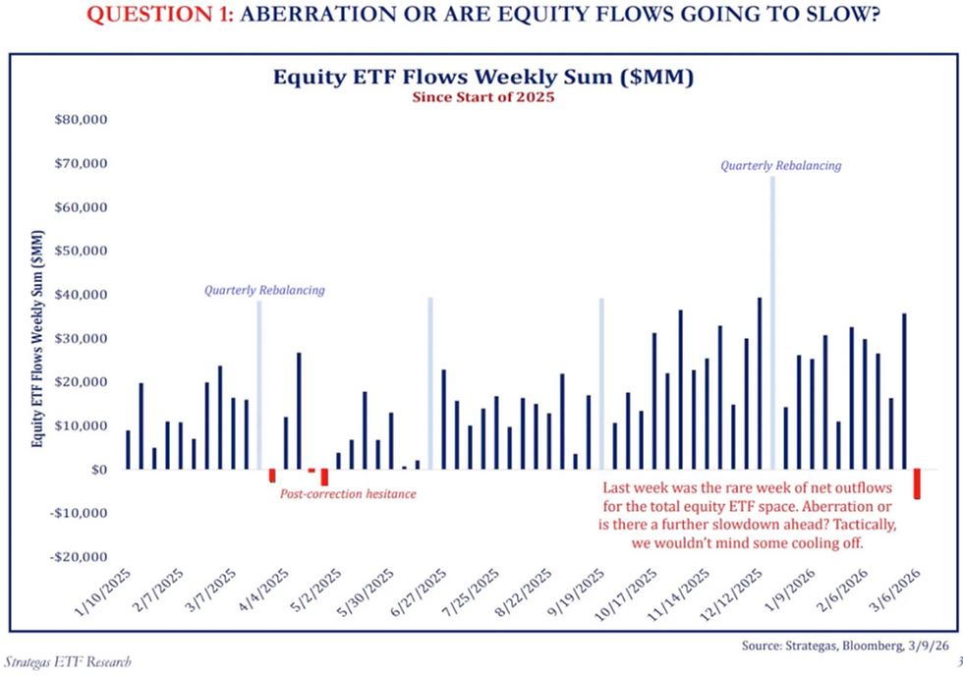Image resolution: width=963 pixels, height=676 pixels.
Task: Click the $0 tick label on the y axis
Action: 96,470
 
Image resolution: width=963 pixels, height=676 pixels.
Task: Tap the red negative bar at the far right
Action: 918,483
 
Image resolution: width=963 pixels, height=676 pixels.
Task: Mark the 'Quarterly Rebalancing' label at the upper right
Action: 780,166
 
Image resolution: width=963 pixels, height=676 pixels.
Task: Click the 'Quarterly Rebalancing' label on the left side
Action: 264,291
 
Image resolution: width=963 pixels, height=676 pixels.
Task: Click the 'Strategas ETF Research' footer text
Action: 67,663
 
